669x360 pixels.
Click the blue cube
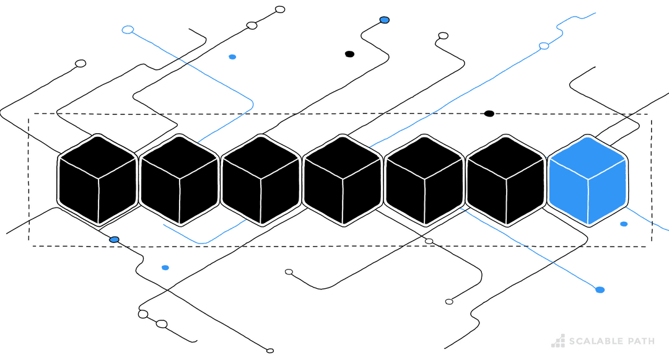point(587,180)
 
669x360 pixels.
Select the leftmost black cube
point(97,180)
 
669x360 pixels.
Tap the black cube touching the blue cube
point(505,180)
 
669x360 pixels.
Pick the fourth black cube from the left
point(342,180)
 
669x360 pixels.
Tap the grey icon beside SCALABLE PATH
point(558,340)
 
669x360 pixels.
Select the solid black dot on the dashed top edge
point(489,113)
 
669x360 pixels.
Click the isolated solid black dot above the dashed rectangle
point(349,54)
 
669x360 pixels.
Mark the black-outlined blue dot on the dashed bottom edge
point(114,239)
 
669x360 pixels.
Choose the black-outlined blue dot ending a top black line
point(384,20)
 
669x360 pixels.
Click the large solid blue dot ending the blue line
point(600,289)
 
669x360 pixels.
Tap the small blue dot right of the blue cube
point(624,224)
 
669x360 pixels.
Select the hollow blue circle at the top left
point(128,29)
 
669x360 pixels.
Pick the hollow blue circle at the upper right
point(544,46)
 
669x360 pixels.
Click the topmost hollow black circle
point(280,9)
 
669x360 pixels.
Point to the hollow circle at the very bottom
point(270,351)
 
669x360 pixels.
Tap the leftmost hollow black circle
point(81,63)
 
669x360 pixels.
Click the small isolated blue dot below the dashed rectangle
point(165,268)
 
